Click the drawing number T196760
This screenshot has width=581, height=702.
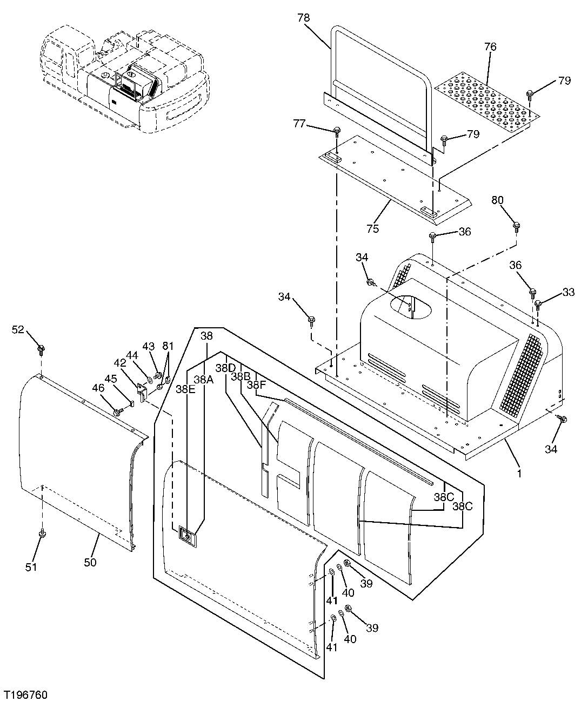pos(27,692)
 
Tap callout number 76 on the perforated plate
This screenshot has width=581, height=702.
pos(490,47)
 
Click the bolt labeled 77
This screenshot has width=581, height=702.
pos(337,131)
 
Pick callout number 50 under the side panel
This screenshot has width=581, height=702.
pos(90,562)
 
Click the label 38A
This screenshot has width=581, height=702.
pos(204,380)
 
